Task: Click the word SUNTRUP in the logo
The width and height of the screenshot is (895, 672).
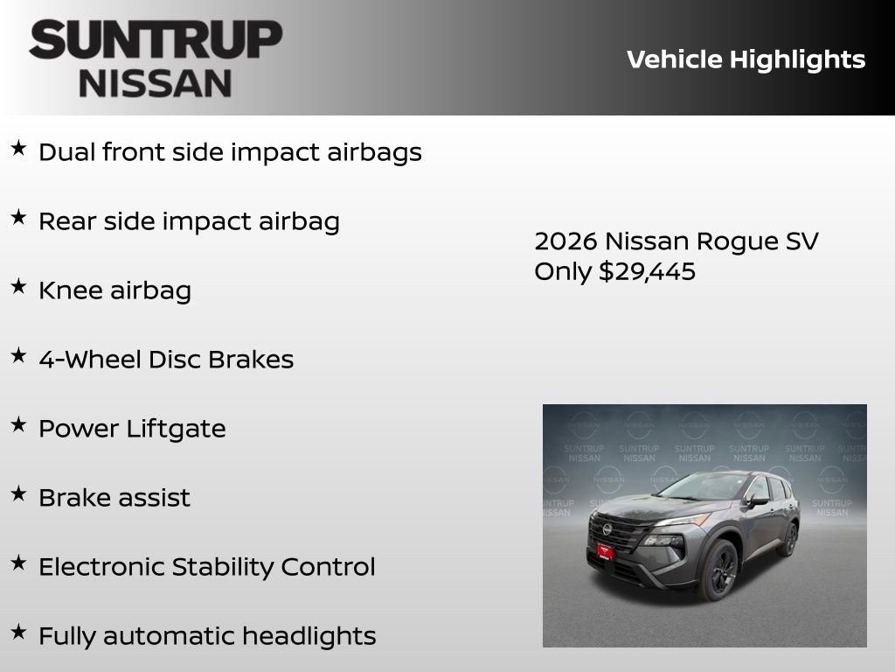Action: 156,40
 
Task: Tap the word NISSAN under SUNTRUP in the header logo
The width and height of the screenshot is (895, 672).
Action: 156,83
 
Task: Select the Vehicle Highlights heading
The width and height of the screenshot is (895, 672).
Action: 746,59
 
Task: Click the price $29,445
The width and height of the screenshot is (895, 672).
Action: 647,271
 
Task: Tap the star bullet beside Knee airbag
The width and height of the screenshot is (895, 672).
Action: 18,286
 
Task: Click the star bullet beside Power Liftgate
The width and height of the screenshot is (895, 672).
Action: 18,424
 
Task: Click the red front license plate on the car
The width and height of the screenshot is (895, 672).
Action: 604,549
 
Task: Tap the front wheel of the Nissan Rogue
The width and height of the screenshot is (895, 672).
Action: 719,570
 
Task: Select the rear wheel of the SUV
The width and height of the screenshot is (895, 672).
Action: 788,539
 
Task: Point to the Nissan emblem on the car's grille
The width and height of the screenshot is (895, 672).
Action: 607,529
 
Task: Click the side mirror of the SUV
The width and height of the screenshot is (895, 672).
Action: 759,500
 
